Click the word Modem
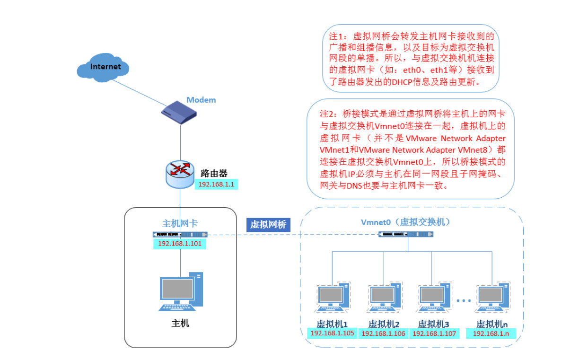click(201, 100)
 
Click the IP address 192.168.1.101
click(180, 244)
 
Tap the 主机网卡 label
click(180, 223)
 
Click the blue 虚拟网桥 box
click(268, 224)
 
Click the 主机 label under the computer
click(180, 324)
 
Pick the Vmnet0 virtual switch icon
click(406, 234)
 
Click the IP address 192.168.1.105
click(332, 334)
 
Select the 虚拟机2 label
click(384, 324)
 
